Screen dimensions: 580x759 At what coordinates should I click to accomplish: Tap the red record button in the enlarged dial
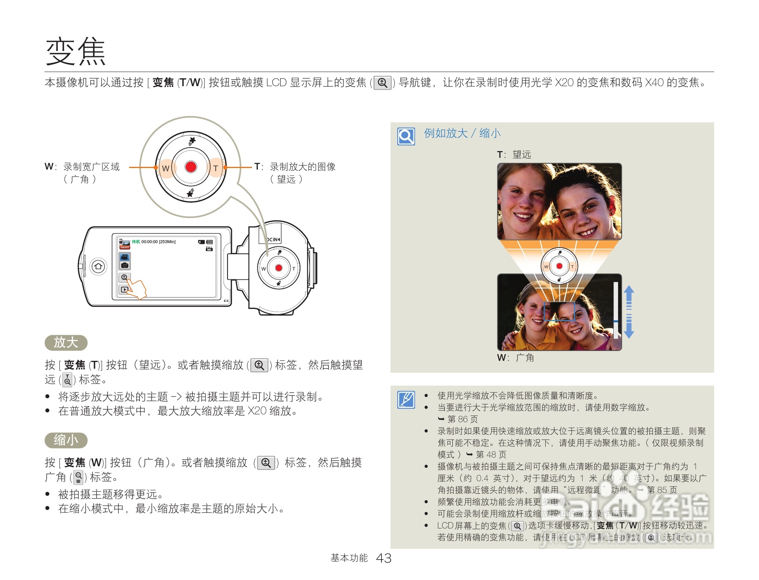point(191,167)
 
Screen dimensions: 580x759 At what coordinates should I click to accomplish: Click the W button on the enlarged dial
point(166,168)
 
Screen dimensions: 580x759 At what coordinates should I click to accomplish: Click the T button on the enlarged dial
point(216,168)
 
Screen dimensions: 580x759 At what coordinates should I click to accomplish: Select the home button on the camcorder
point(98,266)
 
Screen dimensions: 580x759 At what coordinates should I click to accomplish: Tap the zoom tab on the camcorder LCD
point(124,277)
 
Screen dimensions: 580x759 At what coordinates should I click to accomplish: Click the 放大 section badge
point(66,342)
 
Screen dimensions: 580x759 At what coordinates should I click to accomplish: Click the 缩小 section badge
point(66,440)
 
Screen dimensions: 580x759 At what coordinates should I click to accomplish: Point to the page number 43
point(384,558)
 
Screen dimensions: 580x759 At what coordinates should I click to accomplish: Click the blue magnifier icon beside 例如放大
point(406,136)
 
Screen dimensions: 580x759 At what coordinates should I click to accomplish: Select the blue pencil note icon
point(406,400)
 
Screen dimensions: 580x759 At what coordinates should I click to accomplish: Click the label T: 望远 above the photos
point(514,154)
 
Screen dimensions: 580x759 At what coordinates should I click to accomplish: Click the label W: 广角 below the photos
point(515,358)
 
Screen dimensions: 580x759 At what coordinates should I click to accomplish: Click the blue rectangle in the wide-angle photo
point(559,311)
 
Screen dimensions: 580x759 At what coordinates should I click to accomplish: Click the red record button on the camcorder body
point(279,268)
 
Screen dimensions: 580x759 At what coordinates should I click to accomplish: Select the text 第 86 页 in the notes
point(463,419)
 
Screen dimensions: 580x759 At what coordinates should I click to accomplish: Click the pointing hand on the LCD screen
point(138,289)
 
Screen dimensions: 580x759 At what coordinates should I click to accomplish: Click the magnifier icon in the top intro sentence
point(382,83)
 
